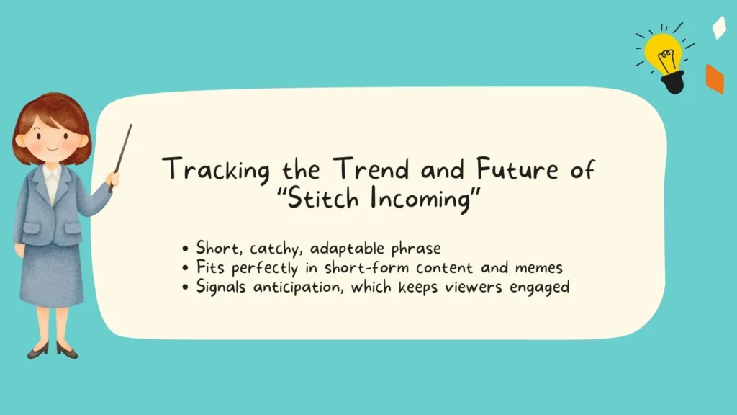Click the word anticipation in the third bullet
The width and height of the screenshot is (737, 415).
(x=305, y=287)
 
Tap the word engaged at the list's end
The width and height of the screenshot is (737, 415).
(x=541, y=287)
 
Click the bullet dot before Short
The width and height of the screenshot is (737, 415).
(x=186, y=249)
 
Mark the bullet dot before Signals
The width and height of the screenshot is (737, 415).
(x=186, y=287)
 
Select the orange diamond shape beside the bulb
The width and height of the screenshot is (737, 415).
(x=714, y=79)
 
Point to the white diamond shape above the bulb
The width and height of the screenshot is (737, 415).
(x=718, y=28)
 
